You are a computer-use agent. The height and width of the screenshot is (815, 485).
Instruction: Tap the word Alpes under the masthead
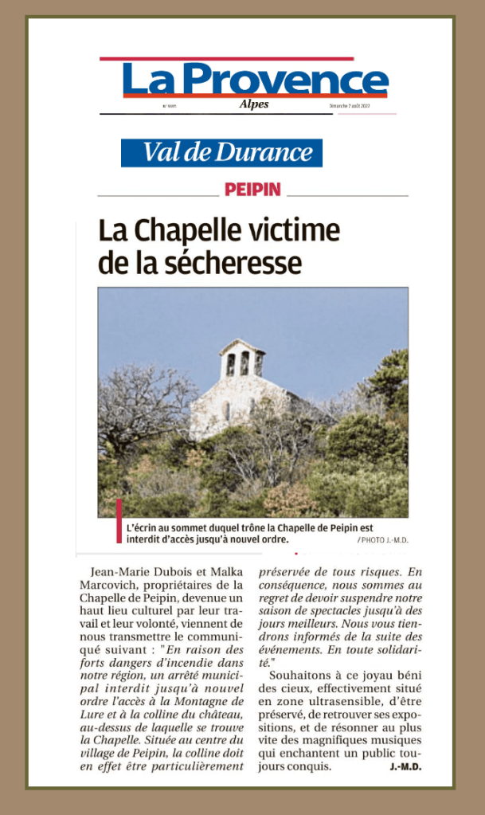click(x=254, y=105)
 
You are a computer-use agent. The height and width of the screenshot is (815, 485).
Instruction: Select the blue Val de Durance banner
click(x=221, y=152)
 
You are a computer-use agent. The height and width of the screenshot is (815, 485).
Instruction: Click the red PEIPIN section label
click(x=252, y=190)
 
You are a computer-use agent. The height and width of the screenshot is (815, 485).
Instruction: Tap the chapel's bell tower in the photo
click(x=242, y=360)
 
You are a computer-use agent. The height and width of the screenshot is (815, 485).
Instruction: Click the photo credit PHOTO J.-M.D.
click(x=383, y=540)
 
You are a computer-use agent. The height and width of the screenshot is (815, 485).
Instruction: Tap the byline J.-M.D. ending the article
click(x=405, y=766)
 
